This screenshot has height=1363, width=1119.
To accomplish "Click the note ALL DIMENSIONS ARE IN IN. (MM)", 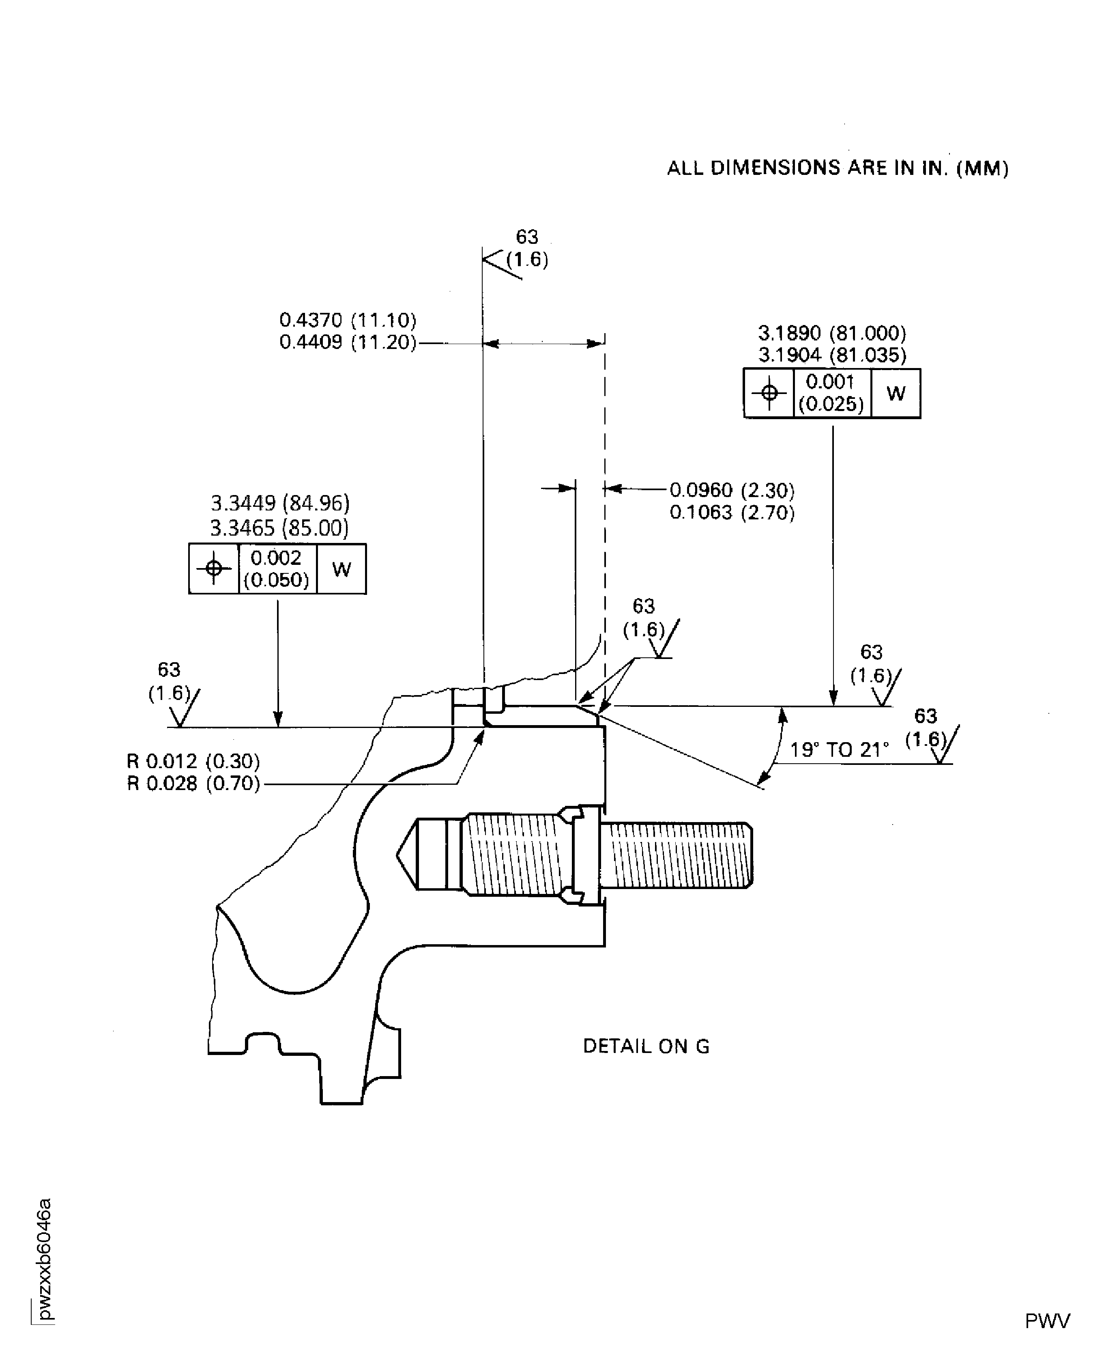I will point(837,168).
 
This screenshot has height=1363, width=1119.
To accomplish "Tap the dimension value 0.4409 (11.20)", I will point(348,342).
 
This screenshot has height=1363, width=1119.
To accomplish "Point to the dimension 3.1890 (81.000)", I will point(831,333).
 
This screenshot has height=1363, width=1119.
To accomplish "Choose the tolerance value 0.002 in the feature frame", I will point(276,557).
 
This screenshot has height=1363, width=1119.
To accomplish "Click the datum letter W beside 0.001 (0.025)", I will point(896,393).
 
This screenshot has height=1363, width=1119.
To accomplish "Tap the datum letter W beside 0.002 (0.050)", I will point(341,568).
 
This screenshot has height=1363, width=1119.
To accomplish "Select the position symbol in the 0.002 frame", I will point(213,568).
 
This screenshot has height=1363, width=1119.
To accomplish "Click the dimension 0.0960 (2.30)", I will point(732,491).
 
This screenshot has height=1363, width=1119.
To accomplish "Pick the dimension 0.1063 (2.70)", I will point(732,512).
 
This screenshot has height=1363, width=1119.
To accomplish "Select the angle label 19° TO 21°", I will point(839,750).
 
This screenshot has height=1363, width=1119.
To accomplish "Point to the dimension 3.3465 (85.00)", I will point(279,528).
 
